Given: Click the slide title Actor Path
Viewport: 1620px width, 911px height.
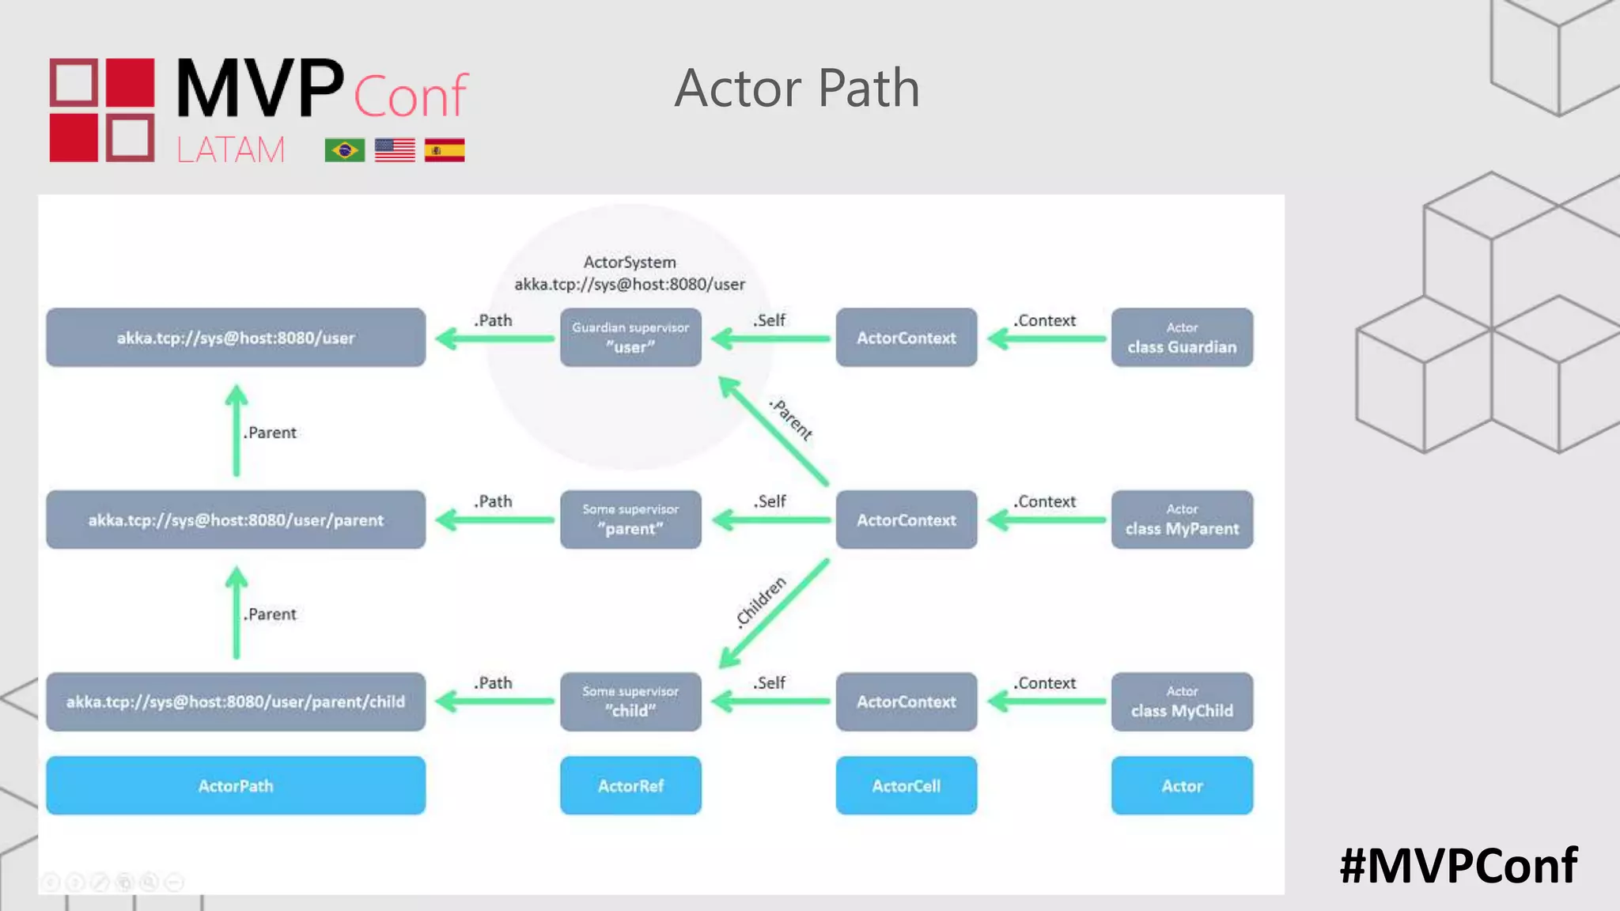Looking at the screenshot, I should pyautogui.click(x=797, y=88).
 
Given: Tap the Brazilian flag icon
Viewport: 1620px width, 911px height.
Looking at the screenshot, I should pyautogui.click(x=344, y=149).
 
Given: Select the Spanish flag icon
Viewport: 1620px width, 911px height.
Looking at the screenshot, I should pyautogui.click(x=444, y=149).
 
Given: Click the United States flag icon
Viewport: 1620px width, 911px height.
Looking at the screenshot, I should pyautogui.click(x=394, y=149).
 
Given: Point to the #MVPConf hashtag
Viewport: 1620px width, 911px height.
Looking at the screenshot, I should pyautogui.click(x=1458, y=865).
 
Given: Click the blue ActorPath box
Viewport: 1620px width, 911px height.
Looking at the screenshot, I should pyautogui.click(x=236, y=785).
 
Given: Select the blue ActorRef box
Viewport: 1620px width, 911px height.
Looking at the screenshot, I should pyautogui.click(x=630, y=785).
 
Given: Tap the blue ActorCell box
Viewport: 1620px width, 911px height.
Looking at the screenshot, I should pyautogui.click(x=906, y=785).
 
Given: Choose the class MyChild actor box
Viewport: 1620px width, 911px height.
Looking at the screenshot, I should pyautogui.click(x=1182, y=701).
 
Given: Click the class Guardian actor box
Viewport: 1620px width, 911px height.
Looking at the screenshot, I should pyautogui.click(x=1182, y=338).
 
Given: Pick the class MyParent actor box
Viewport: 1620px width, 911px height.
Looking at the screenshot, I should pyautogui.click(x=1182, y=520).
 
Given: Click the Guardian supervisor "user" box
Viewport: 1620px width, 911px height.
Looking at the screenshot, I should pyautogui.click(x=630, y=338).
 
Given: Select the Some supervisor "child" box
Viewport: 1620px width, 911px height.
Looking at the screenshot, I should pyautogui.click(x=630, y=701).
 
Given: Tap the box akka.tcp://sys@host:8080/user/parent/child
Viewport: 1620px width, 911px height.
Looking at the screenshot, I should pyautogui.click(x=236, y=701).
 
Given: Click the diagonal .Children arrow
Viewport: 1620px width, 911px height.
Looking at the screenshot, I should pyautogui.click(x=774, y=614).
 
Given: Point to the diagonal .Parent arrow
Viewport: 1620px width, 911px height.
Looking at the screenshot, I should pyautogui.click(x=774, y=431).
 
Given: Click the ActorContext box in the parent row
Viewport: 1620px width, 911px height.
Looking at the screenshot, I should pyautogui.click(x=906, y=520).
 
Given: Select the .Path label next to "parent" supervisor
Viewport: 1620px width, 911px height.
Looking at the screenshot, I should pyautogui.click(x=494, y=501).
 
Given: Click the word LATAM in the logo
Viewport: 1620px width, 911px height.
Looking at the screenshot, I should pyautogui.click(x=230, y=149).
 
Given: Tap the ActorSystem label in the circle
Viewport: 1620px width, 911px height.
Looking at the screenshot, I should pyautogui.click(x=630, y=262).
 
